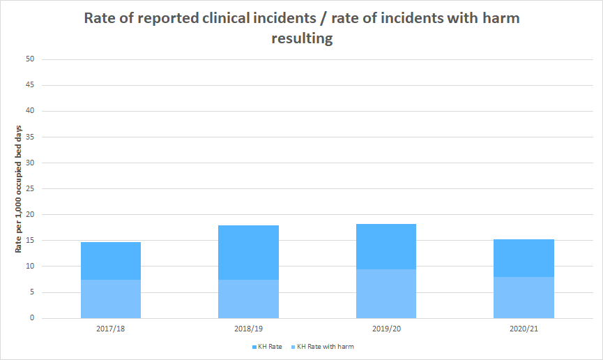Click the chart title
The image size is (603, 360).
click(x=302, y=28)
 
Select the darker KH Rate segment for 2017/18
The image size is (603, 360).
click(x=111, y=261)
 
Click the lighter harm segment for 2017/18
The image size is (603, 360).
click(x=111, y=299)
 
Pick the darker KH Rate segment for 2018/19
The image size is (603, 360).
click(x=248, y=253)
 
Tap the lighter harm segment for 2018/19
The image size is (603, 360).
click(x=248, y=299)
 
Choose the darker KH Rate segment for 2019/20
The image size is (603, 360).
click(x=386, y=246)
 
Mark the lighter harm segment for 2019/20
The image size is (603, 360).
click(x=386, y=294)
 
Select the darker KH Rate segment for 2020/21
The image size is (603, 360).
click(x=524, y=258)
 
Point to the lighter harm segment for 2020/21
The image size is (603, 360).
click(x=524, y=298)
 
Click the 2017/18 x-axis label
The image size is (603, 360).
click(x=110, y=329)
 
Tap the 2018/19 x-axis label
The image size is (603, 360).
click(x=248, y=329)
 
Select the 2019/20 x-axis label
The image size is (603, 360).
click(x=386, y=329)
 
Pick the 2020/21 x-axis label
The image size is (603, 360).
click(x=524, y=329)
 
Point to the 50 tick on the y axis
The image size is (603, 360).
click(x=30, y=59)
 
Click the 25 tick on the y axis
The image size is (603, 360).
click(x=30, y=188)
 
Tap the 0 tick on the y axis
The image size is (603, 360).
click(x=32, y=318)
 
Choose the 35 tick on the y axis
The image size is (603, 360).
click(x=30, y=137)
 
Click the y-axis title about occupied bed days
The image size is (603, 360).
click(x=18, y=189)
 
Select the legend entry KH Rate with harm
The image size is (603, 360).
click(x=322, y=347)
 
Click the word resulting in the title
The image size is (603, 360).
click(x=302, y=38)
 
